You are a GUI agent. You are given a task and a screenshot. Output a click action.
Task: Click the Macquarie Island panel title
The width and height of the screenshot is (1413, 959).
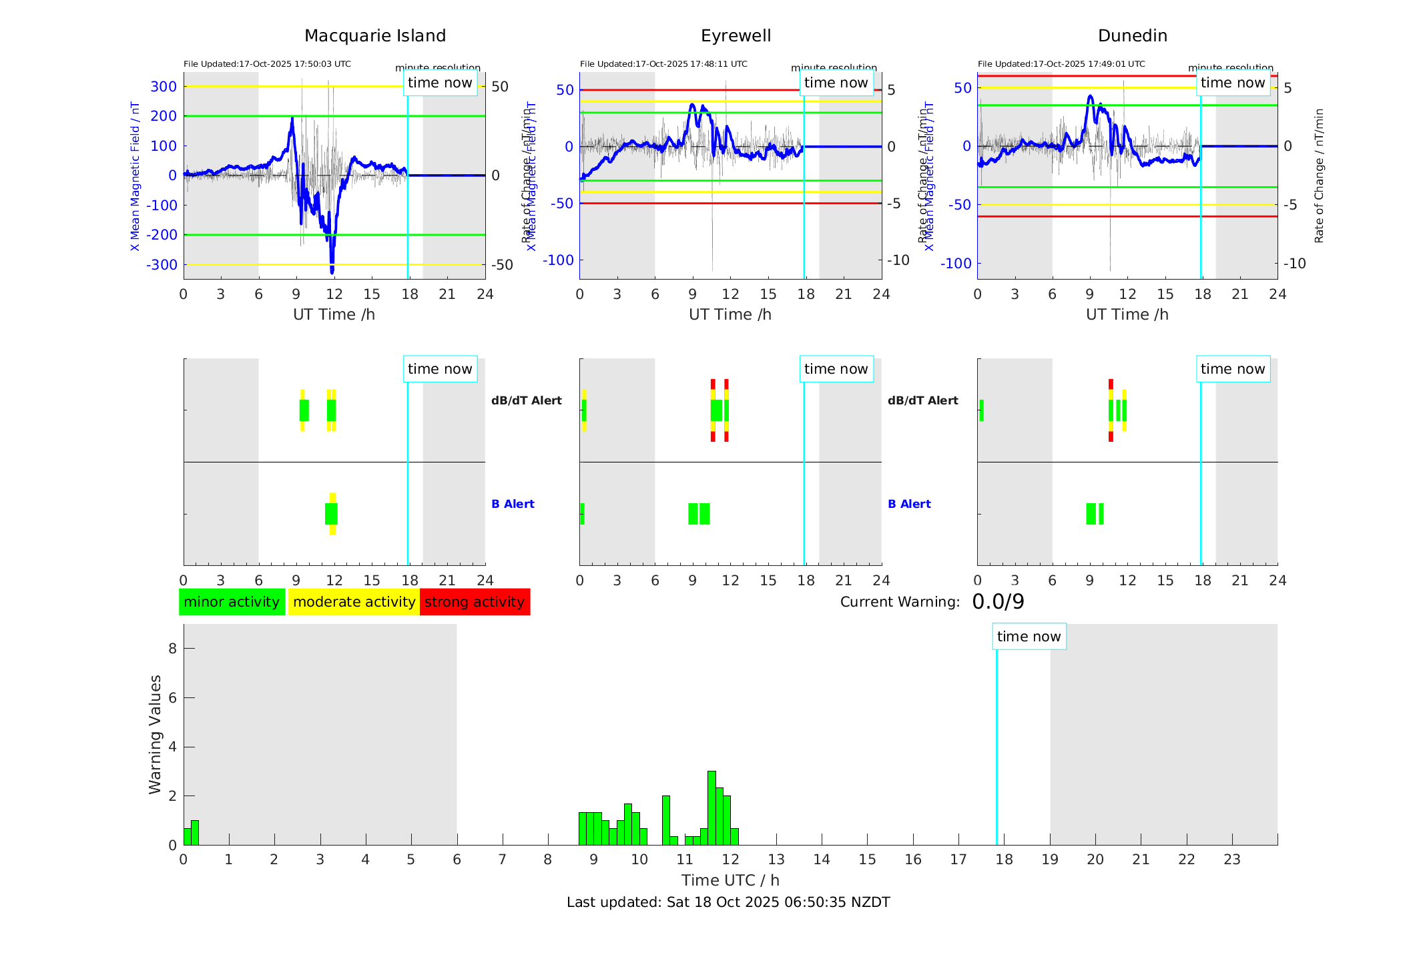tap(374, 36)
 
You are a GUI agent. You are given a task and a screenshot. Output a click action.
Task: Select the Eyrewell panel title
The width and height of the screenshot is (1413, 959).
tap(736, 36)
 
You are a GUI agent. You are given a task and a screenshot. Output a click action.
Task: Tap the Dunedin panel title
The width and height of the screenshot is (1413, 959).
tap(1132, 36)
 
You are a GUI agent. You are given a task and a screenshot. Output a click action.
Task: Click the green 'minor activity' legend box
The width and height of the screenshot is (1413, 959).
tap(232, 602)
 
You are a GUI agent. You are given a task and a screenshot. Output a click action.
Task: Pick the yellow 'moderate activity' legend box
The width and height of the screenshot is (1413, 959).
tap(354, 602)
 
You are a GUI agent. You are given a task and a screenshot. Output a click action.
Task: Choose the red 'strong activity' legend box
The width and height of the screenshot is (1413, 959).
tap(475, 602)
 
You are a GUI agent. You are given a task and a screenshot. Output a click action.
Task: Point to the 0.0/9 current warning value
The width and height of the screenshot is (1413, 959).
tap(998, 602)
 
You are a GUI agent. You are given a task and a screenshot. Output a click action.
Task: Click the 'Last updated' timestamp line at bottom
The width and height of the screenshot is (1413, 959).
tap(728, 902)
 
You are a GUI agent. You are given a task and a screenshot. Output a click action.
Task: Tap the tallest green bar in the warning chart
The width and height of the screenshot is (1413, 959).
tap(712, 808)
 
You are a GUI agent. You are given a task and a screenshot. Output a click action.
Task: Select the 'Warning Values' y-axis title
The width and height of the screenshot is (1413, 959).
tap(155, 734)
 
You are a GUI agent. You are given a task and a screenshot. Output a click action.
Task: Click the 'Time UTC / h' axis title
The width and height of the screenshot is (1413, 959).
tap(730, 880)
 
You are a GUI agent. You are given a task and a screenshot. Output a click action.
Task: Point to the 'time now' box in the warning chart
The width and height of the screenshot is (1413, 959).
tap(1029, 637)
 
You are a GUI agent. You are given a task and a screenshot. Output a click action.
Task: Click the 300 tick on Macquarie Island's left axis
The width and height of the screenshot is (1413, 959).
tap(164, 86)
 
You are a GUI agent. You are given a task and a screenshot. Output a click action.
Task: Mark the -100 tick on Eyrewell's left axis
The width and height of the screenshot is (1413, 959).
tap(558, 260)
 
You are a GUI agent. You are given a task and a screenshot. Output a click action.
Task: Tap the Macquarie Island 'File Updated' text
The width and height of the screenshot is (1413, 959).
tap(267, 64)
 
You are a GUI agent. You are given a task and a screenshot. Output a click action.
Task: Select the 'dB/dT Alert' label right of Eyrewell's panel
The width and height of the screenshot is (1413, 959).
tap(922, 400)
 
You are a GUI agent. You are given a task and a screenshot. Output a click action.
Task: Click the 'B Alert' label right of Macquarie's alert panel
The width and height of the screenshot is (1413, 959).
tap(513, 504)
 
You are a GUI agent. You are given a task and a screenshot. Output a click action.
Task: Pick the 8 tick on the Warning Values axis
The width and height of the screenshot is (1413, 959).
tap(172, 648)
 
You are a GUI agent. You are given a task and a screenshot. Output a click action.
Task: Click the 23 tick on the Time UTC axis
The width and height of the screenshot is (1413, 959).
tap(1231, 860)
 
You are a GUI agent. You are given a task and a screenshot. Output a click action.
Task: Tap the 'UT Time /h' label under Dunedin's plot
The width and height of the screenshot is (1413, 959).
tap(1127, 314)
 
